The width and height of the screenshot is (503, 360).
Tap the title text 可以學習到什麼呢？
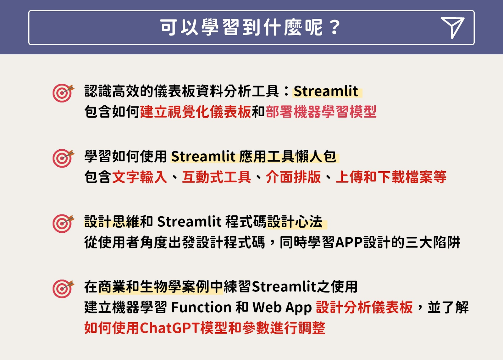pyautogui.click(x=250, y=27)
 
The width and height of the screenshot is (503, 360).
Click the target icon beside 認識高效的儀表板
pyautogui.click(x=63, y=93)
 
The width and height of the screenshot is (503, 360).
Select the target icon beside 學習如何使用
pyautogui.click(x=63, y=158)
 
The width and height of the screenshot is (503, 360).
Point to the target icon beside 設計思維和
pyautogui.click(x=63, y=224)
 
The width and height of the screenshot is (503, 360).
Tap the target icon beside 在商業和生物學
pyautogui.click(x=63, y=289)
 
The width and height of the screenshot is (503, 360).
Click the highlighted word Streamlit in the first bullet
pyautogui.click(x=326, y=91)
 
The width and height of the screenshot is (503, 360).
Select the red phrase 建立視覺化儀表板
pyautogui.click(x=195, y=112)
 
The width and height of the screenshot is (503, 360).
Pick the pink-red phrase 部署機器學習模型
pyautogui.click(x=321, y=112)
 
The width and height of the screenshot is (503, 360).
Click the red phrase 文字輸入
pyautogui.click(x=140, y=177)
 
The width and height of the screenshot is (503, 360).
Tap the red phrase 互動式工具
pyautogui.click(x=217, y=177)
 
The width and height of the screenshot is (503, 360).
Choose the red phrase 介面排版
pyautogui.click(x=294, y=177)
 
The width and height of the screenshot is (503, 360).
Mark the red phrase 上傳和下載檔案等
pyautogui.click(x=391, y=177)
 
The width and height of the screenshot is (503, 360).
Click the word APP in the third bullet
pyautogui.click(x=349, y=242)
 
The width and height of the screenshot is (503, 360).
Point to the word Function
pyautogui.click(x=201, y=307)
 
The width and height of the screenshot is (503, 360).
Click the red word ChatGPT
pyautogui.click(x=170, y=328)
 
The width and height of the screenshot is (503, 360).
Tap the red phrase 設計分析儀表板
pyautogui.click(x=364, y=307)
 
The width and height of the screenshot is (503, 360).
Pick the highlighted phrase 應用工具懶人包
pyautogui.click(x=288, y=156)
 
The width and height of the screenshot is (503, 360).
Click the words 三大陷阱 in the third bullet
pyautogui.click(x=433, y=242)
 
